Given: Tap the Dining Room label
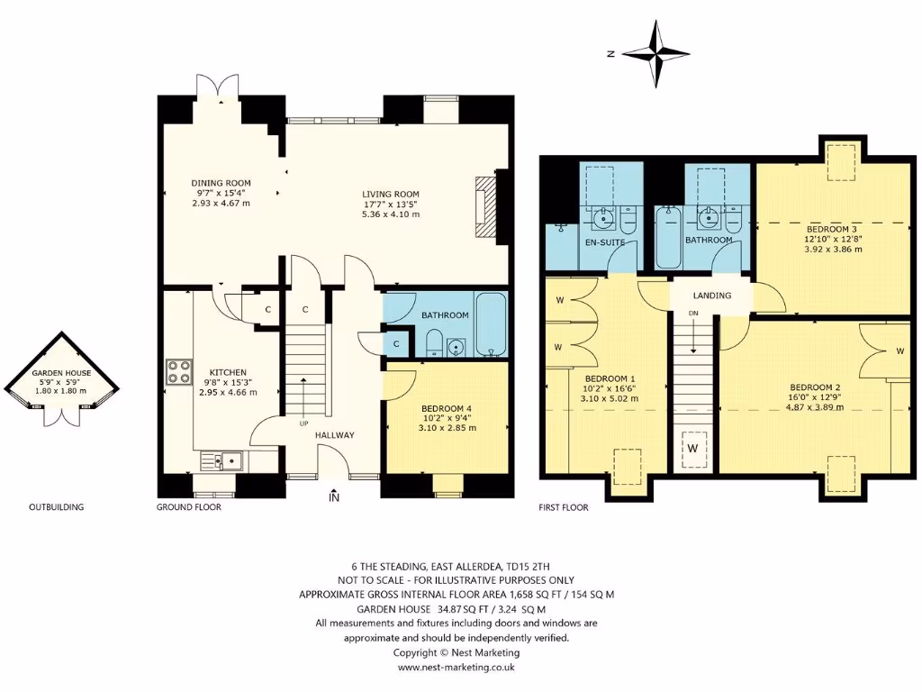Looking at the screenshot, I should [221, 183].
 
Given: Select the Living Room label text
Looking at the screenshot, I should [391, 194].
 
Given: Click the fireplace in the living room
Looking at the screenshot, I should [486, 207].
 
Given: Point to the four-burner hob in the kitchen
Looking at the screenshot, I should [178, 373].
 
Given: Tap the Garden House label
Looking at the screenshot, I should [56, 372].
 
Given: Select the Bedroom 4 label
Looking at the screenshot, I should [447, 408].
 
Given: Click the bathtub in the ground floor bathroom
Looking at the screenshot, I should [491, 324].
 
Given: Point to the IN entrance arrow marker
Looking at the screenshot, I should [335, 496].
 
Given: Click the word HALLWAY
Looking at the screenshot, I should [334, 435].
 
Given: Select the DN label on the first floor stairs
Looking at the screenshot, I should [692, 313].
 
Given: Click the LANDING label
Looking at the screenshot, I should [711, 296].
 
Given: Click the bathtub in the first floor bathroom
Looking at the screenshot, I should [668, 239].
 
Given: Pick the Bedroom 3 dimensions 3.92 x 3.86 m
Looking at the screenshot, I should [833, 250].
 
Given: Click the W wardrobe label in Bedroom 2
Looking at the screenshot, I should [899, 351].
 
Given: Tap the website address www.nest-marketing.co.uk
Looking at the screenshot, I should [456, 668].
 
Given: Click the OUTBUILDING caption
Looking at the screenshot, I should [56, 507].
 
